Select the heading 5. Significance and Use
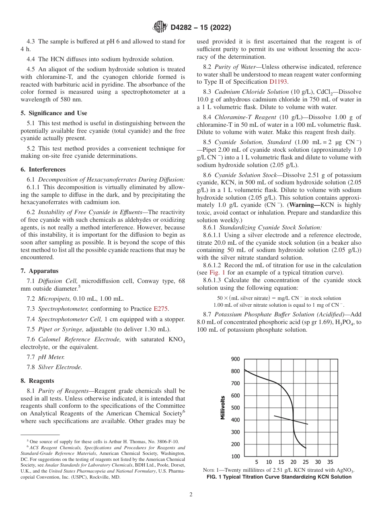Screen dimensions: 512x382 tap(54, 113)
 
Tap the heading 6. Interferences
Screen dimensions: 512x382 tap(43, 169)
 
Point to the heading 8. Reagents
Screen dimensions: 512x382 tap(37, 380)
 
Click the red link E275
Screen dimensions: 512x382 tap(161, 308)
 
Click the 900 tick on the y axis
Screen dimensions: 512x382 tap(235, 359)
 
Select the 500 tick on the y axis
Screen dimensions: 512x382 tap(235, 408)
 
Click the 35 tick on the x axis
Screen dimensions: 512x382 tap(330, 462)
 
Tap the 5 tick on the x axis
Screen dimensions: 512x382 tap(257, 462)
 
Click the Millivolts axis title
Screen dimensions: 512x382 tap(223, 407)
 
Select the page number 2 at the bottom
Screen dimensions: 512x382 tap(191, 494)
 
